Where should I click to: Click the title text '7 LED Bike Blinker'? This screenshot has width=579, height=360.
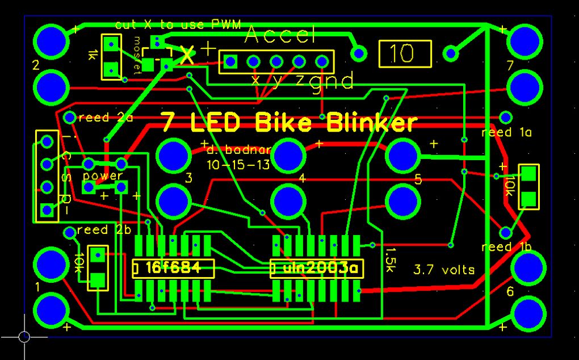pos(288,122)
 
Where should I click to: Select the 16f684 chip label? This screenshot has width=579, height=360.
pos(173,267)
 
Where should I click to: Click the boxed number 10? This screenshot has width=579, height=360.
pos(405,54)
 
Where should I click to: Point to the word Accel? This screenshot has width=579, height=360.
pos(280,36)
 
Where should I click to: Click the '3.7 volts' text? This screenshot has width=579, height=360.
pos(444,269)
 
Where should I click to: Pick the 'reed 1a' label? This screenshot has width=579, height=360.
pos(506,133)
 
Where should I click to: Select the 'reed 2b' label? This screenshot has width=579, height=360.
pos(104,230)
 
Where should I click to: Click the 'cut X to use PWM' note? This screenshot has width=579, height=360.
pos(178,24)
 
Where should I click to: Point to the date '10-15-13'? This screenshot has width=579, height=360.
pos(238,165)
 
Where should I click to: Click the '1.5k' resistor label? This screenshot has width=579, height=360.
pos(390,259)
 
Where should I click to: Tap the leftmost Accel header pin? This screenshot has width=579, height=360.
pos(230,61)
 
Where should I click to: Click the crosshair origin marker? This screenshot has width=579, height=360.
pos(24,337)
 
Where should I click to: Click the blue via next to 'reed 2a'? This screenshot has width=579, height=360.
pos(69,118)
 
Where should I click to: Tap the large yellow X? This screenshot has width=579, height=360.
pos(187,56)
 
